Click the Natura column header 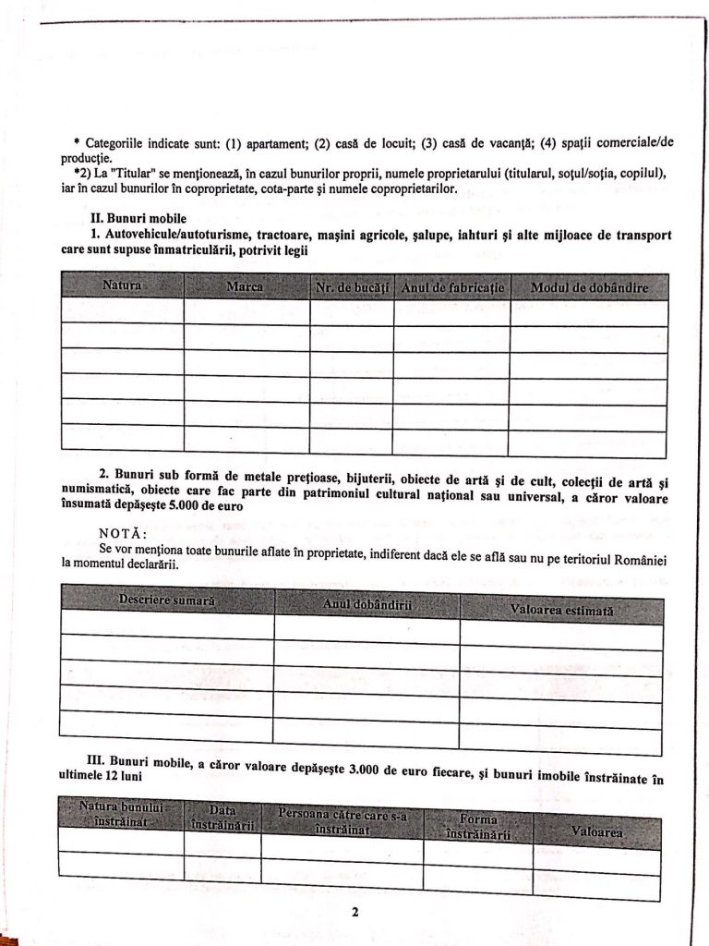[122, 285]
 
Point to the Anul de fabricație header [452, 287]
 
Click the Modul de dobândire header [589, 287]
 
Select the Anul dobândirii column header [367, 603]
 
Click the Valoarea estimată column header [561, 609]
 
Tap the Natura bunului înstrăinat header [121, 814]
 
